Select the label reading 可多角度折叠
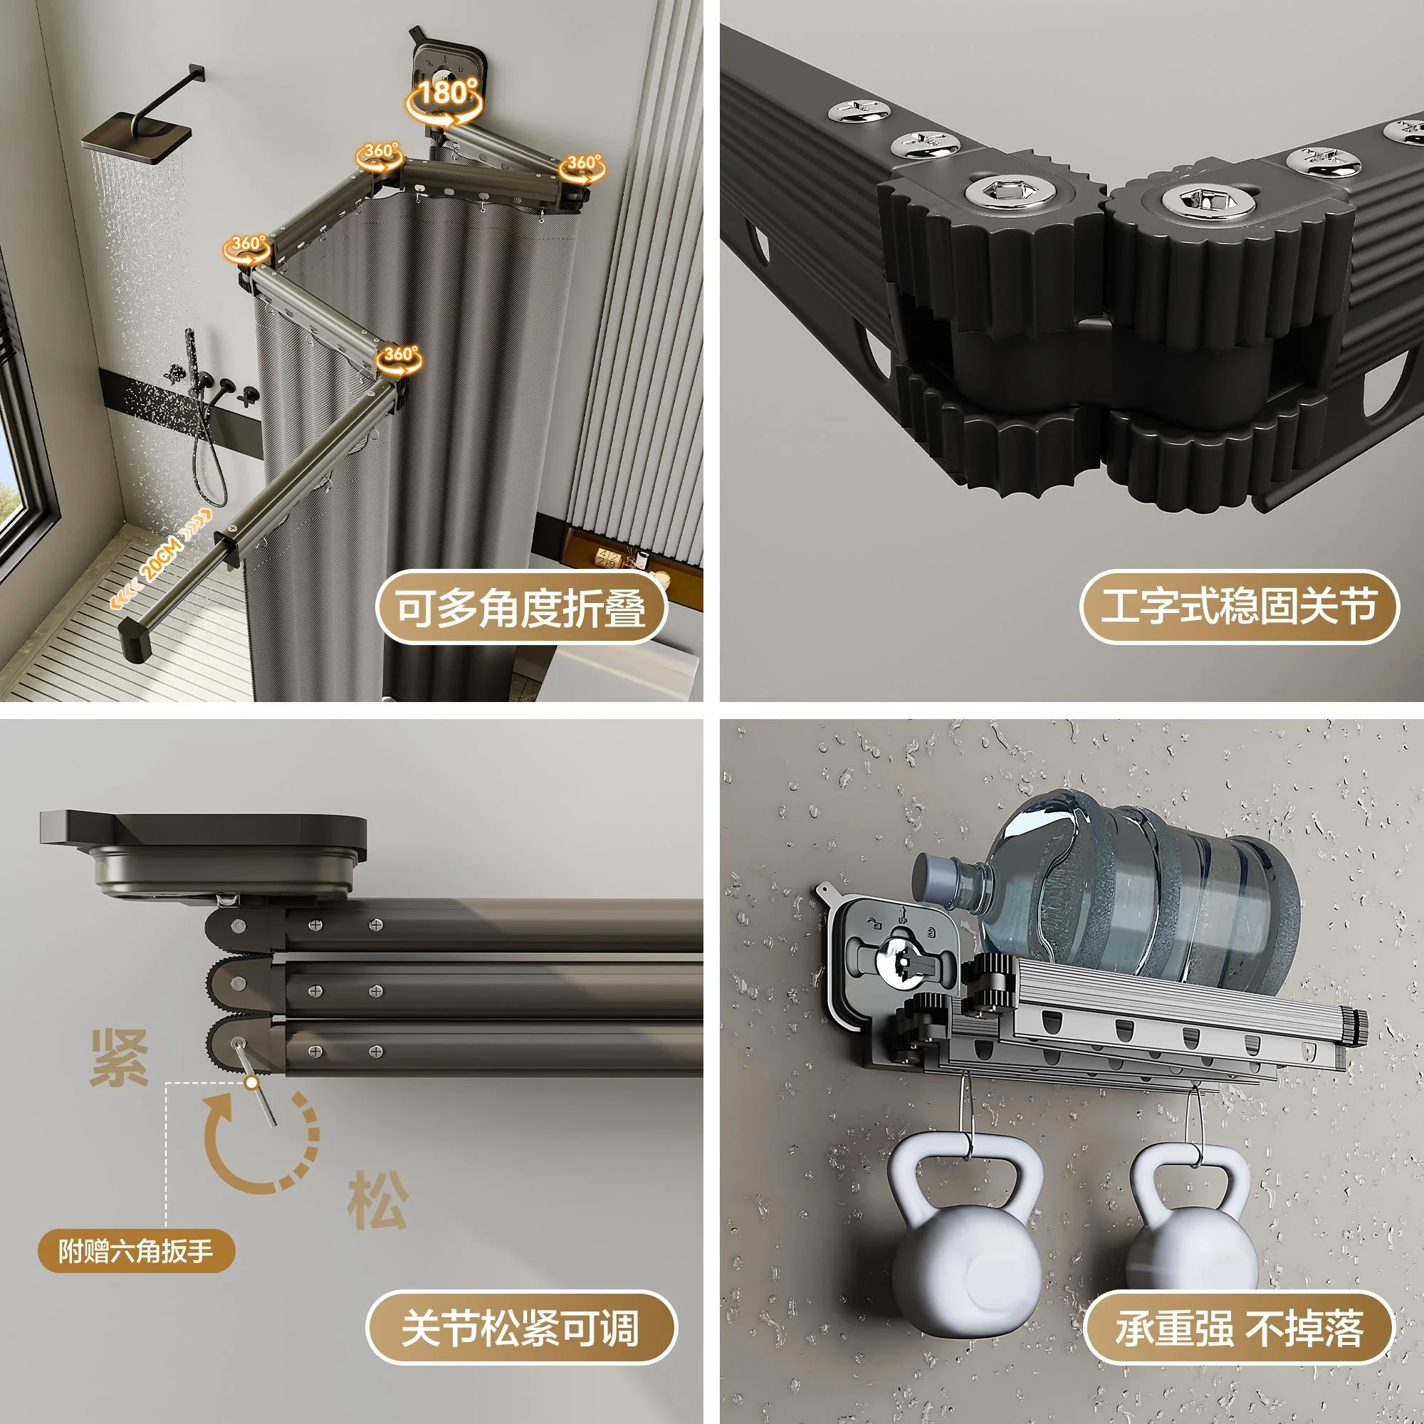coord(521,607)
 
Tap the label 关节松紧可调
coord(520,1326)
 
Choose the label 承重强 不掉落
coord(1239,1326)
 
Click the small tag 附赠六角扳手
coord(137,1250)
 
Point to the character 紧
coord(120,1059)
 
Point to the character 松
coord(377,1199)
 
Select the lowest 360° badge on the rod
coord(399,358)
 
